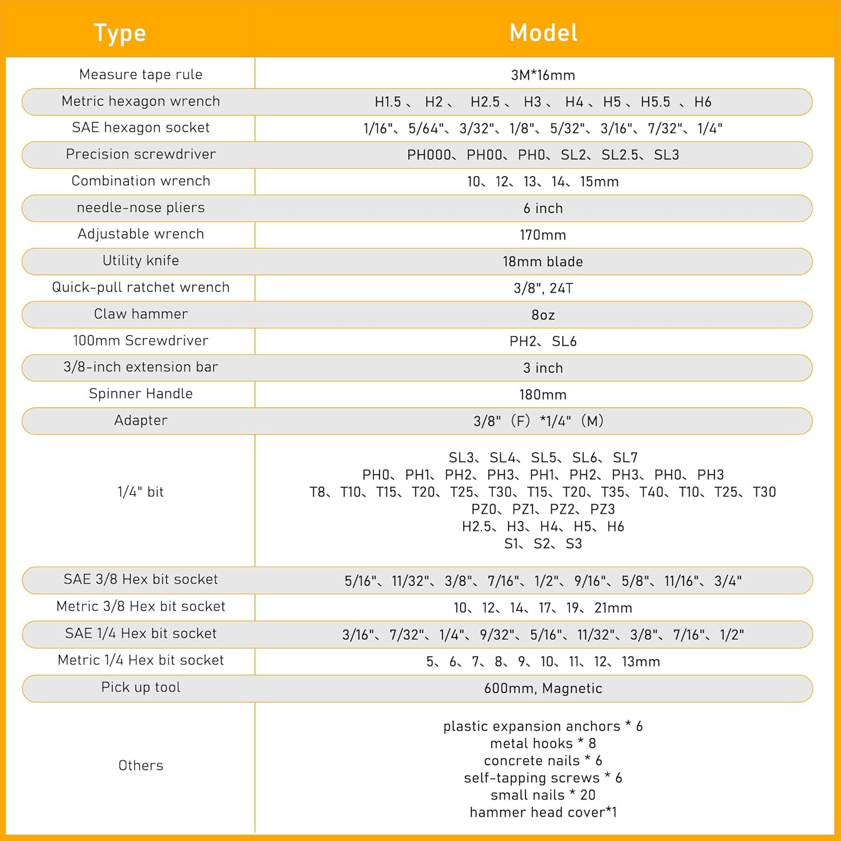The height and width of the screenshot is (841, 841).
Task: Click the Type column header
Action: (119, 33)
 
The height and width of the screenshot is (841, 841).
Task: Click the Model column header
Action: (543, 33)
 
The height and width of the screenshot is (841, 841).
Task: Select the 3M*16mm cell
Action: (543, 75)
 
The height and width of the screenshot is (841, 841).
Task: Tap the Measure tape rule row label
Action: (141, 75)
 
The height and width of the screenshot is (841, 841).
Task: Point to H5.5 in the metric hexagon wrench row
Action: (655, 102)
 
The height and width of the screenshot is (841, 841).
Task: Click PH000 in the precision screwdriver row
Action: (429, 155)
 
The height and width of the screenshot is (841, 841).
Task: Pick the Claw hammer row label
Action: (141, 314)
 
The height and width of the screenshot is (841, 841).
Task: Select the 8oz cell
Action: (543, 315)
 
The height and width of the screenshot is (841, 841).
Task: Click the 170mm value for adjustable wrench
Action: (543, 235)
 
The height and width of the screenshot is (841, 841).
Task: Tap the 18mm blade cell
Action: (543, 262)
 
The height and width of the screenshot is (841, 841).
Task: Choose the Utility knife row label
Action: (141, 261)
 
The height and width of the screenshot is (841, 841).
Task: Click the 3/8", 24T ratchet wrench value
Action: (543, 288)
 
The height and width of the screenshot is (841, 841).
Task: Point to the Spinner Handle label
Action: (141, 394)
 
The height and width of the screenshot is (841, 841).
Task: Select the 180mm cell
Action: (543, 395)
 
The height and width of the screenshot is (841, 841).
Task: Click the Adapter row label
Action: (141, 420)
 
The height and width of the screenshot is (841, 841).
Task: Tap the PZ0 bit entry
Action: (484, 509)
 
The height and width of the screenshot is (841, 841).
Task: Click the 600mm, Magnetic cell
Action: (543, 688)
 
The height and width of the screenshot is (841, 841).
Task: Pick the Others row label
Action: (141, 765)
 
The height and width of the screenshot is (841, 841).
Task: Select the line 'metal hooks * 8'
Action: (543, 743)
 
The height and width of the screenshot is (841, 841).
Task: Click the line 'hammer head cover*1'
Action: (543, 812)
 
